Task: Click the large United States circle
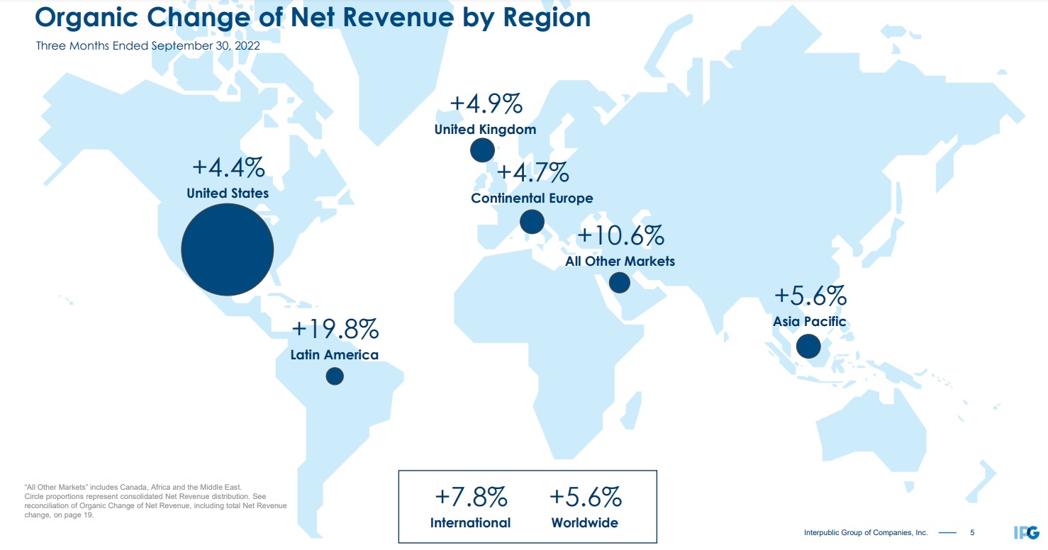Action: tap(228, 249)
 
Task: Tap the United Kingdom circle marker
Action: tap(482, 150)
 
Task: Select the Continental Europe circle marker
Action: tap(532, 221)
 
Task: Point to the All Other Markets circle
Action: tap(619, 283)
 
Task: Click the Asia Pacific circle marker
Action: tap(808, 347)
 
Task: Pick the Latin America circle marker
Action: tap(335, 376)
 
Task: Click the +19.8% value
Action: tap(335, 330)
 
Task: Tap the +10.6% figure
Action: tap(620, 235)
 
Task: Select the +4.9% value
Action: tap(486, 104)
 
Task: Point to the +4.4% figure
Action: tap(228, 169)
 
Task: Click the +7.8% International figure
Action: tap(470, 498)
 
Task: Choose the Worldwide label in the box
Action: tap(584, 523)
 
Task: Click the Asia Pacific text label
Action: tap(809, 322)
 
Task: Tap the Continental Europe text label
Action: tap(532, 198)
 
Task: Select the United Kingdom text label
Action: tap(485, 130)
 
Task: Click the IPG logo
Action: tap(1026, 532)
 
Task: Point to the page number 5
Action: tap(972, 532)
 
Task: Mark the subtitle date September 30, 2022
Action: tap(206, 46)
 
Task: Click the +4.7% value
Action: tap(533, 172)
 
